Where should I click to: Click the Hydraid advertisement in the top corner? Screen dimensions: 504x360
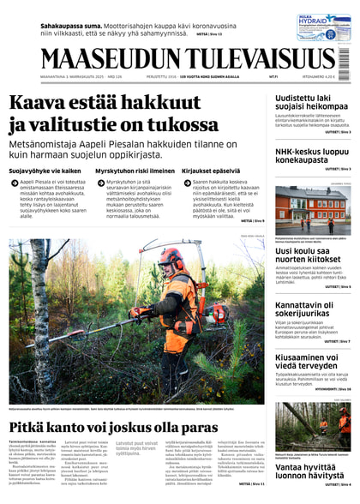(322, 27)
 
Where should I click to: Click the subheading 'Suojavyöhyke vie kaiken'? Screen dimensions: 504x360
(45, 171)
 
